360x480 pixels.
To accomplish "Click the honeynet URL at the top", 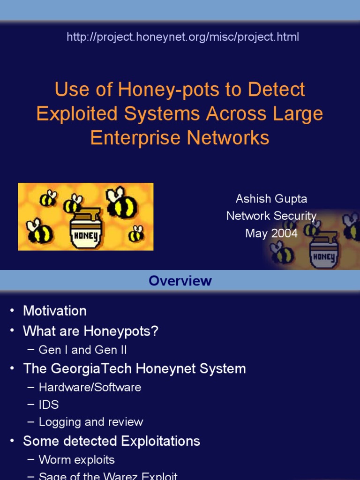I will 183,37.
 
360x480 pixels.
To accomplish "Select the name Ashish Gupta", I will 271,199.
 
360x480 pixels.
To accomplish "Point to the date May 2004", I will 271,233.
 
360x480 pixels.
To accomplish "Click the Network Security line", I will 271,216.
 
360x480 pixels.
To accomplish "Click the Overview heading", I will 180,281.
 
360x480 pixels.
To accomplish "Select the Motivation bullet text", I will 55,311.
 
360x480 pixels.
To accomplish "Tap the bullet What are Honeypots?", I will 91,331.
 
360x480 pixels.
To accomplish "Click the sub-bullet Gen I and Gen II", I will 83,350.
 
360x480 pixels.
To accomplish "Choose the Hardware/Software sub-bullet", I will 90,387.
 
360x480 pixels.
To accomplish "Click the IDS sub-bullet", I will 49,405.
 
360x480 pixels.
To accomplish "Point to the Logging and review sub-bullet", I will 91,422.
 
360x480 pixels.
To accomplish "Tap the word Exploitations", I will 160,441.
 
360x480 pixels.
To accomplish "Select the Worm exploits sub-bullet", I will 77,460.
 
